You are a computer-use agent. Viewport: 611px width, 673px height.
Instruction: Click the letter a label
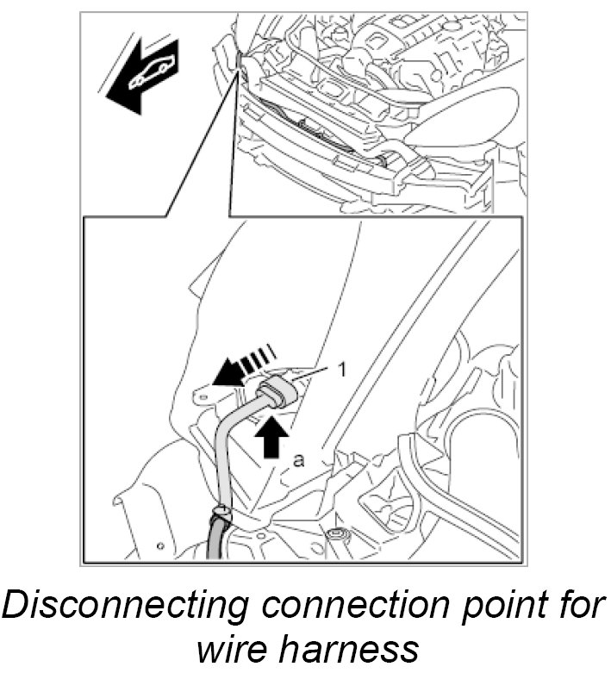(x=299, y=461)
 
